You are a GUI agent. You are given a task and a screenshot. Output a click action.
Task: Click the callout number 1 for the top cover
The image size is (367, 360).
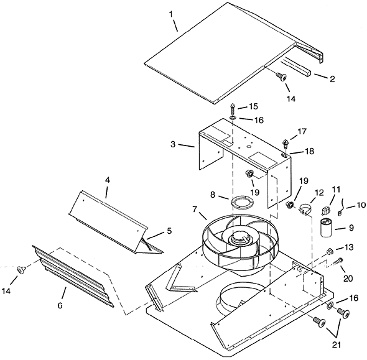pos(171,14)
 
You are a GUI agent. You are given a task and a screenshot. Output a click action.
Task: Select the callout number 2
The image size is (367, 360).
pos(332,79)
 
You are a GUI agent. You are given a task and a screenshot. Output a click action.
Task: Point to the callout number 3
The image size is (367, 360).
pos(173,144)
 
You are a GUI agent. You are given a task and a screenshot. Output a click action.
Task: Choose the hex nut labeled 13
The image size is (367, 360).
pos(330,251)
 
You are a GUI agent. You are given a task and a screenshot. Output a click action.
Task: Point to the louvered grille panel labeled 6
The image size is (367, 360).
pos(73,275)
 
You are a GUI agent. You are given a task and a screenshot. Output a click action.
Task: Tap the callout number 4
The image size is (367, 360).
pos(108,180)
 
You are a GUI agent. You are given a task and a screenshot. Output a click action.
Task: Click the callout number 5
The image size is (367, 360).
pos(169,231)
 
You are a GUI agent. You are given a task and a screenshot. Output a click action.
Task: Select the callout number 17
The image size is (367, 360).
pos(302,131)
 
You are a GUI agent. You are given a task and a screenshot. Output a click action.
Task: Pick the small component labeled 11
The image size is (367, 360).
pos(327,211)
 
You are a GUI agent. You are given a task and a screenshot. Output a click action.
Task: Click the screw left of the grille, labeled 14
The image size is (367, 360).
pos(22,269)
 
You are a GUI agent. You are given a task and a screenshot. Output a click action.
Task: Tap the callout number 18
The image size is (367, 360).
pos(309,151)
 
